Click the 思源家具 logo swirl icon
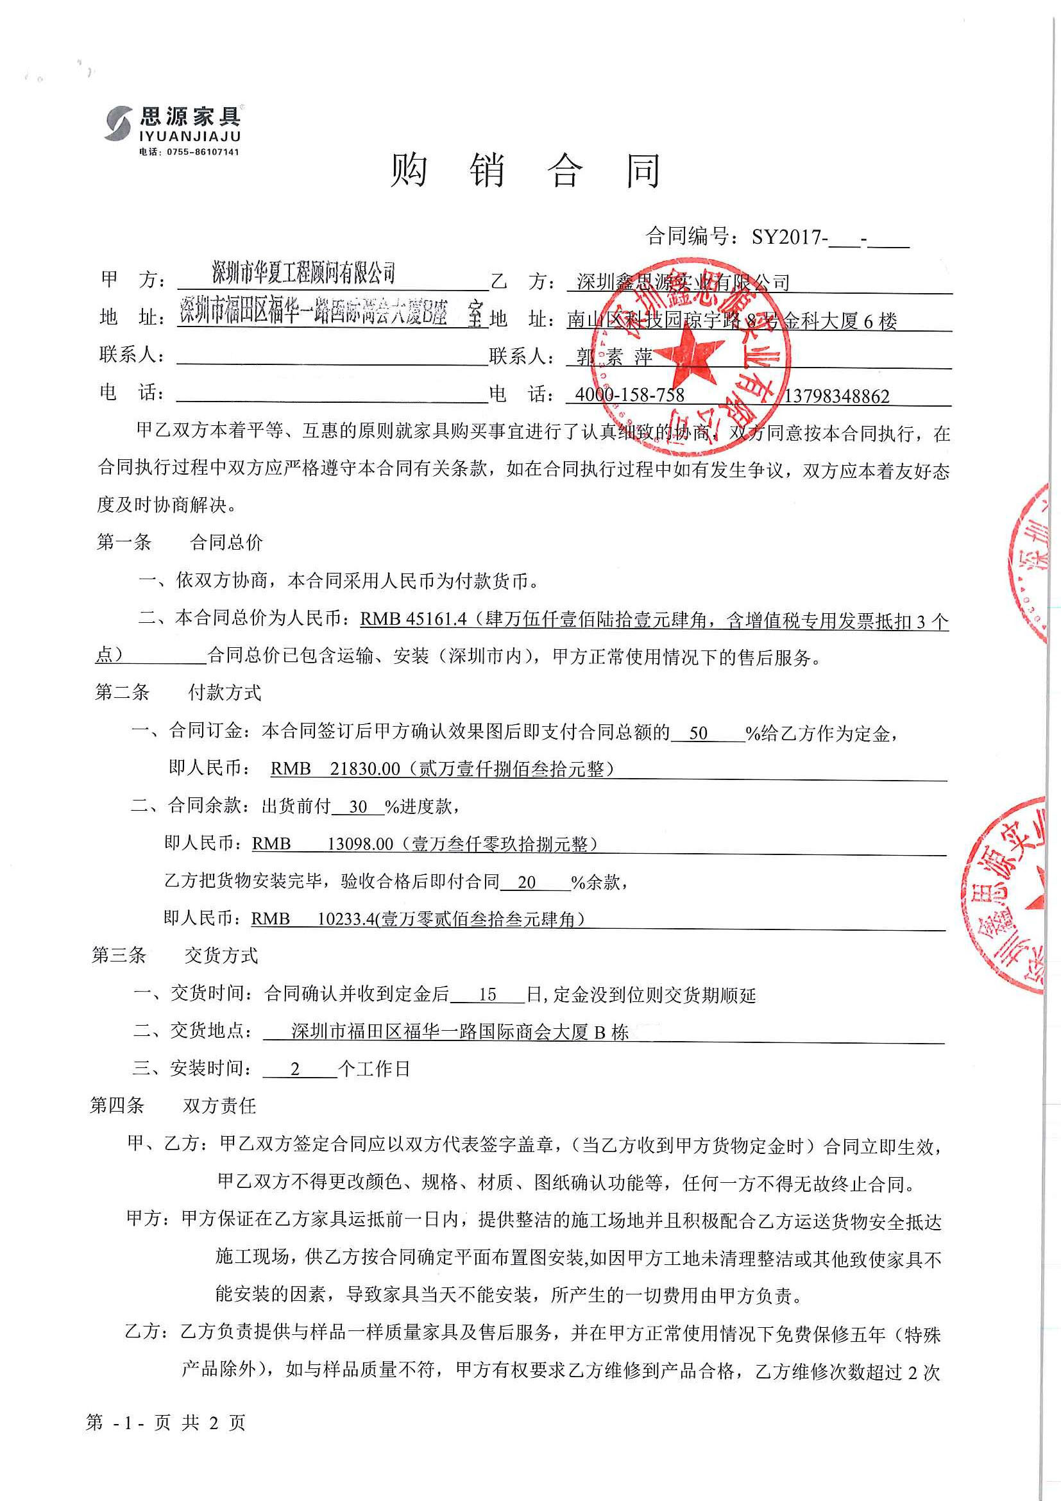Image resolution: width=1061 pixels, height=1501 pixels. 119,123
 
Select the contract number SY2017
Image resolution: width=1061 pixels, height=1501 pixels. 788,237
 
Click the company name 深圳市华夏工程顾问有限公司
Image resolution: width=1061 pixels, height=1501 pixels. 304,273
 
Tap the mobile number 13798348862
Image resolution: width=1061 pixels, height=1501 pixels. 836,396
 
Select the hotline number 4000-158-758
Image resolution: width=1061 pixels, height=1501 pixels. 629,395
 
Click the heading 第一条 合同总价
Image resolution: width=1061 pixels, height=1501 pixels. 180,541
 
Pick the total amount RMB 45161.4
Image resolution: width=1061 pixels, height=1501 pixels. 413,618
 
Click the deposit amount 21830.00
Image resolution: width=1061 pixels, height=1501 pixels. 364,769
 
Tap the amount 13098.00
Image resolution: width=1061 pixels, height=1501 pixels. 361,844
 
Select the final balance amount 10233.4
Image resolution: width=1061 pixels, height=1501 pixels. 346,919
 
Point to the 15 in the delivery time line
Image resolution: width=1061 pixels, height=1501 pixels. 487,995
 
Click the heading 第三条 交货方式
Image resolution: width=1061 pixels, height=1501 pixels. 175,955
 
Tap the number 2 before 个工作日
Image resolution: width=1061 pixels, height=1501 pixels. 295,1069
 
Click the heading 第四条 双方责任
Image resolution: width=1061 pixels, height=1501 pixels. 173,1105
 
